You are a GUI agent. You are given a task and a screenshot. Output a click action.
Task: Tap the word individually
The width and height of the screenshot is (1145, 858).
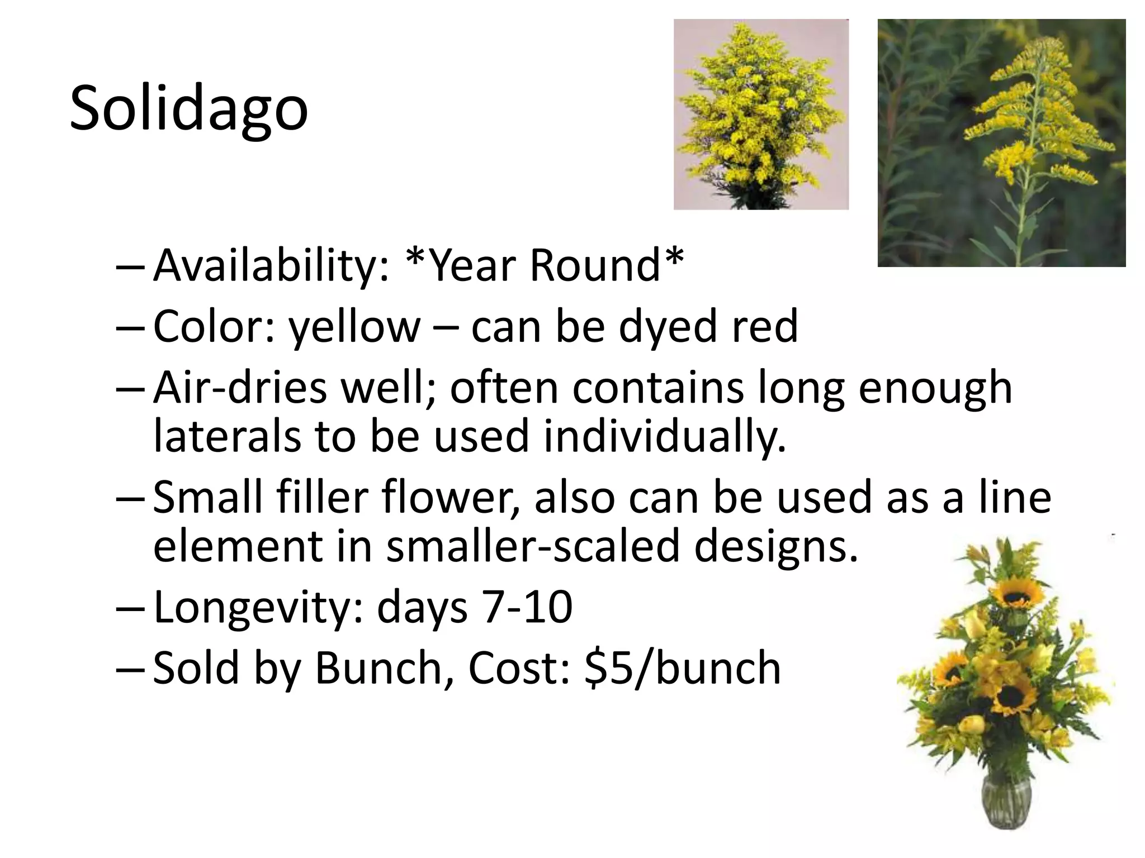(x=665, y=436)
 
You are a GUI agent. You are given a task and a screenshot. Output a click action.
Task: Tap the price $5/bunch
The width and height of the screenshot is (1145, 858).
(x=682, y=668)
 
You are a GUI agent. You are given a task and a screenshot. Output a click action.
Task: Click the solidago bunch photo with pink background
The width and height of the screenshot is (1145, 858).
(x=761, y=115)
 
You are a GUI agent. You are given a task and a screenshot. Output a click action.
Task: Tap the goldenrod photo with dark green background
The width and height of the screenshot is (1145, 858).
(x=1001, y=143)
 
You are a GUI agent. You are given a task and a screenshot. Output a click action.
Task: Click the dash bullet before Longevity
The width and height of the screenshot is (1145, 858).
(x=130, y=608)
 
